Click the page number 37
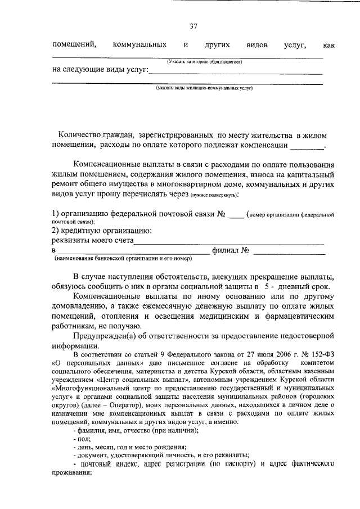pyautogui.click(x=193, y=26)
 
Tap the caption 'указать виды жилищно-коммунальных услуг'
pyautogui.click(x=204, y=88)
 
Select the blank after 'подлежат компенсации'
pyautogui.click(x=307, y=146)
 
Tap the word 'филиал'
pyautogui.click(x=225, y=250)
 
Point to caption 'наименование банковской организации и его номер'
pyautogui.click(x=123, y=259)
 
